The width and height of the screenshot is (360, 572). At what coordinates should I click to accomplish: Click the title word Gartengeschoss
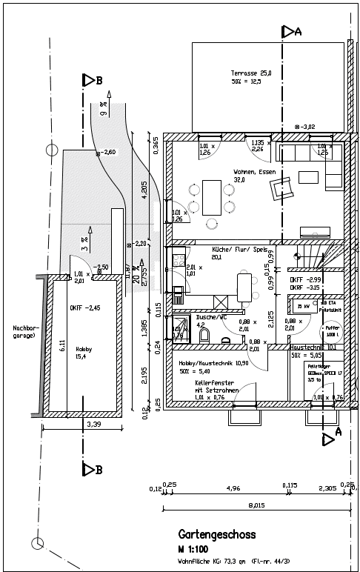click(217, 534)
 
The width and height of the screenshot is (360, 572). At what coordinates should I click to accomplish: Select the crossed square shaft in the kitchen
click(221, 302)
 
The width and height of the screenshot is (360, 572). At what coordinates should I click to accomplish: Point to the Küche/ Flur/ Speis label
click(239, 250)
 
